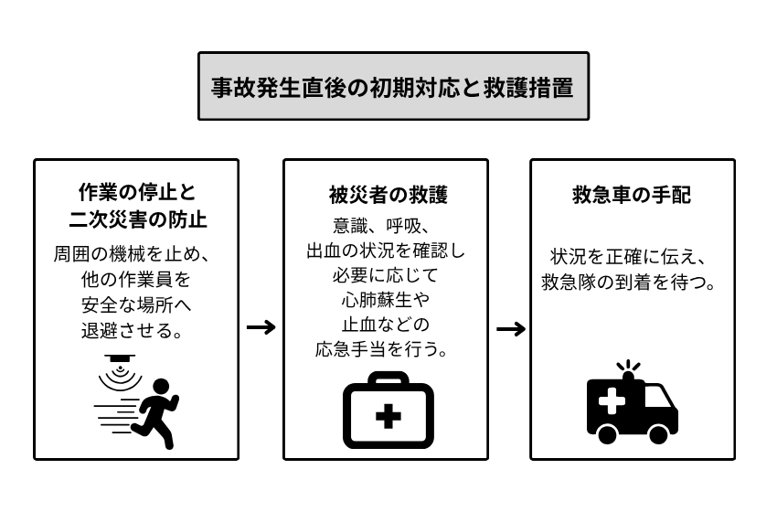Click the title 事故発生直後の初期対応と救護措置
(x=393, y=87)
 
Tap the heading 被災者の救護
(x=388, y=196)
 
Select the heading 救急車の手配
(x=632, y=196)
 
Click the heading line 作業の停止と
(x=136, y=194)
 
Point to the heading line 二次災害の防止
(x=136, y=220)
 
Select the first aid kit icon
(x=388, y=411)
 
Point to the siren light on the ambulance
(x=629, y=368)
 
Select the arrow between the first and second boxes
(x=261, y=327)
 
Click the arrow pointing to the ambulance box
(x=510, y=327)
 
